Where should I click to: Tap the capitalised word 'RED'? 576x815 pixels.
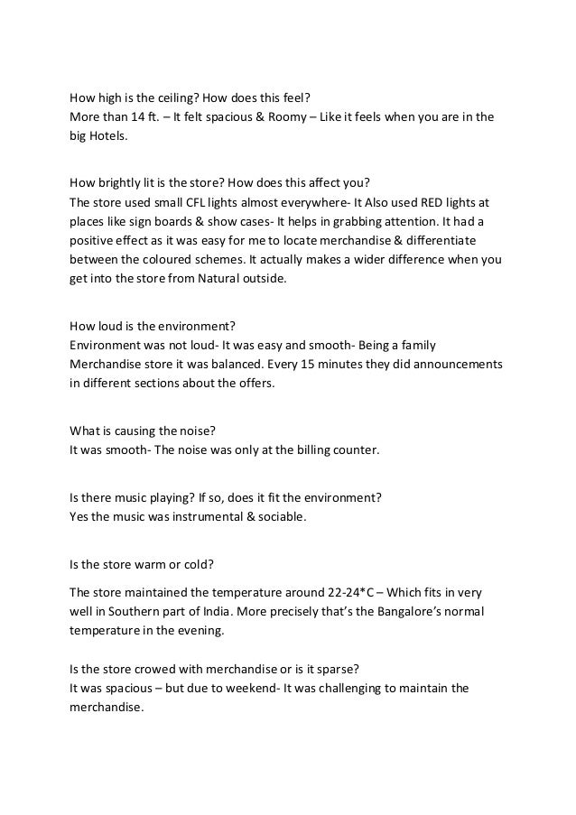411,203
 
